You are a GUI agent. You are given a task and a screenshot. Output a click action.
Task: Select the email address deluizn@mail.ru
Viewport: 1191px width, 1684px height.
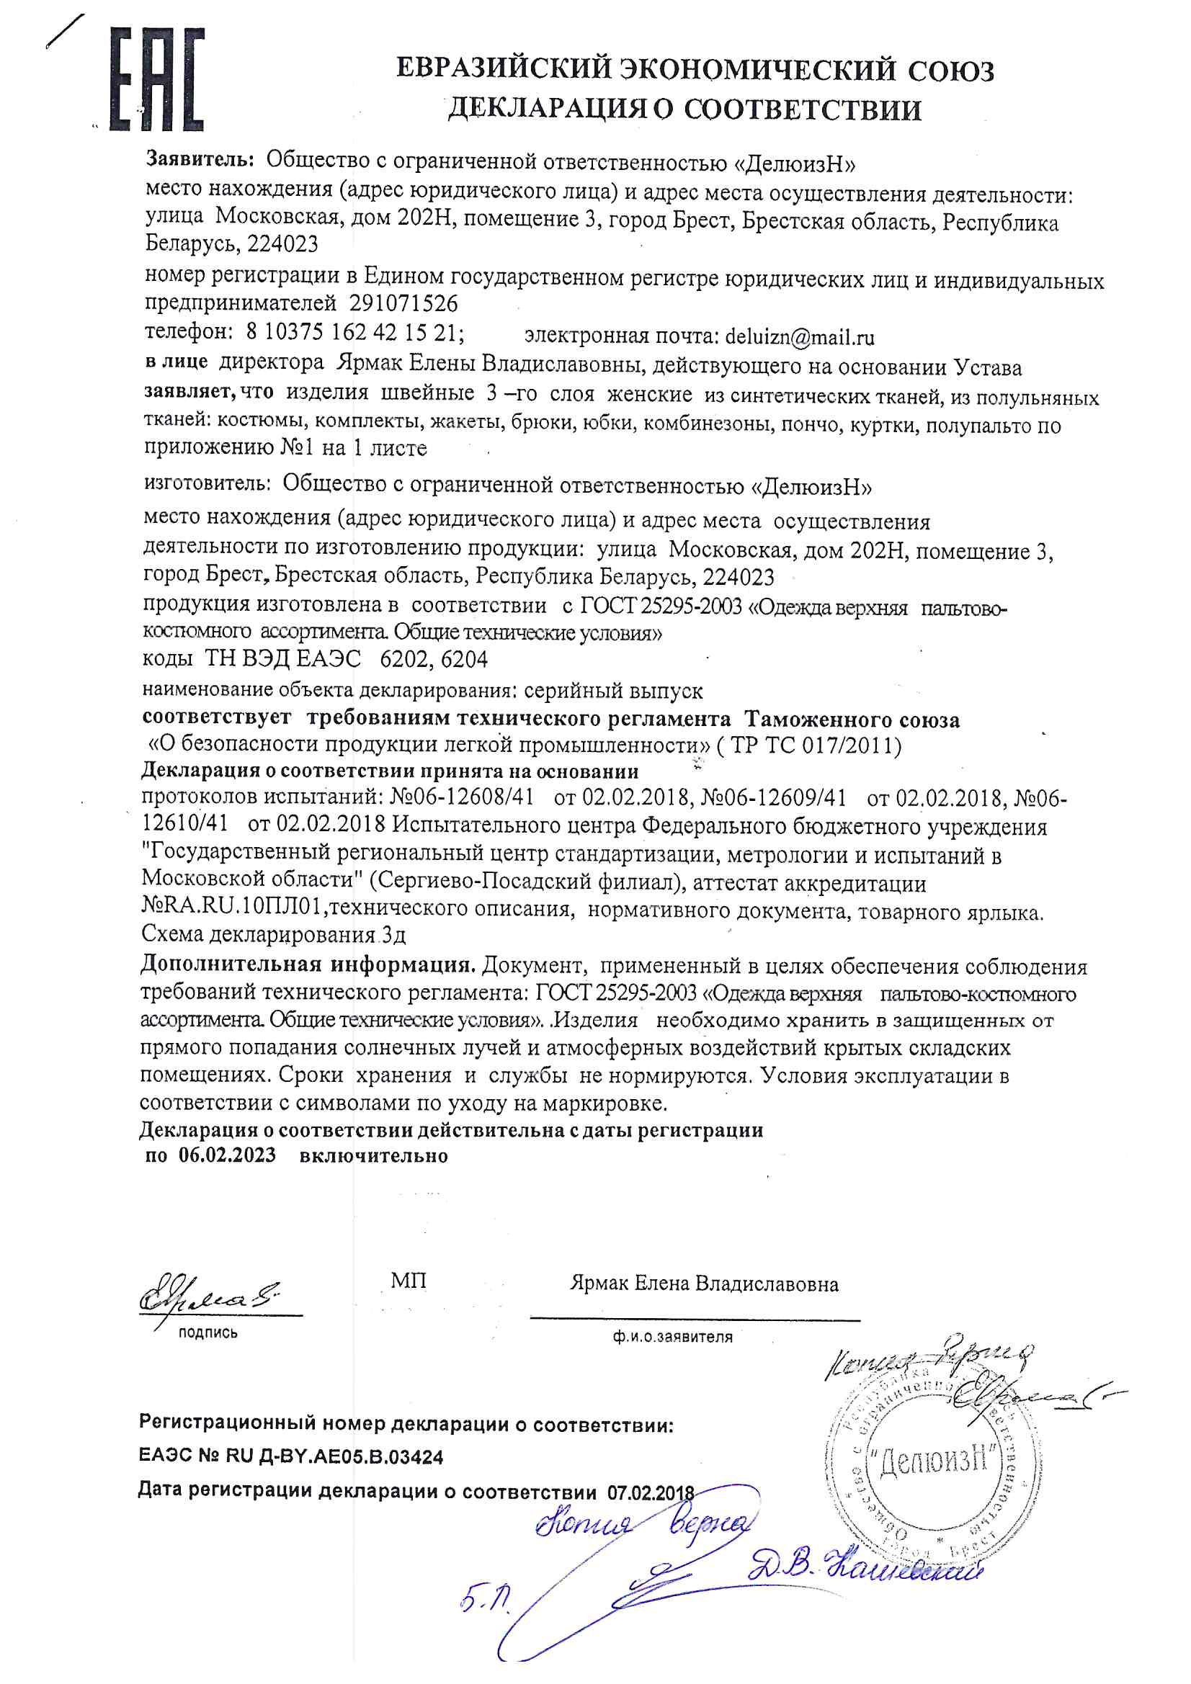[799, 336]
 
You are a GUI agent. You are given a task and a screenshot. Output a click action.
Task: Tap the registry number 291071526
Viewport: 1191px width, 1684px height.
[403, 303]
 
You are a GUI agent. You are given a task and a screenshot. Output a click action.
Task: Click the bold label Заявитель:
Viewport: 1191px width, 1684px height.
[200, 158]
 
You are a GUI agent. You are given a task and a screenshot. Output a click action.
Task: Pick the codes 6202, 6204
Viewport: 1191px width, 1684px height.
[434, 658]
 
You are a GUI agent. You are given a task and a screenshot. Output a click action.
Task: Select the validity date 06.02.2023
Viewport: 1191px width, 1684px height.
[227, 1155]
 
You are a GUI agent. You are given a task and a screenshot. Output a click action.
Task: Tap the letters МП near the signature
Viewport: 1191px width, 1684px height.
[408, 1281]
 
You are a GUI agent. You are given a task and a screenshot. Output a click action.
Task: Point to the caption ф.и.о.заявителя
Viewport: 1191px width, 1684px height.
[672, 1336]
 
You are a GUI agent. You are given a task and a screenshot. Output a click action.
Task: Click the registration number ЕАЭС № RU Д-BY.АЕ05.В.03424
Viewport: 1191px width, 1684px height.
[291, 1456]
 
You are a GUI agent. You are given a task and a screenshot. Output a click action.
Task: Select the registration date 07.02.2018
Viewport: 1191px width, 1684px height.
[650, 1492]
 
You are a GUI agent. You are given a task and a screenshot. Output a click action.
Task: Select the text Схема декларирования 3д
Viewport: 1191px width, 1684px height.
[273, 934]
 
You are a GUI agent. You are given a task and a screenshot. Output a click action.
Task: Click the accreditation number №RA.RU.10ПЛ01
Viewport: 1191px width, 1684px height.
[232, 908]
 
